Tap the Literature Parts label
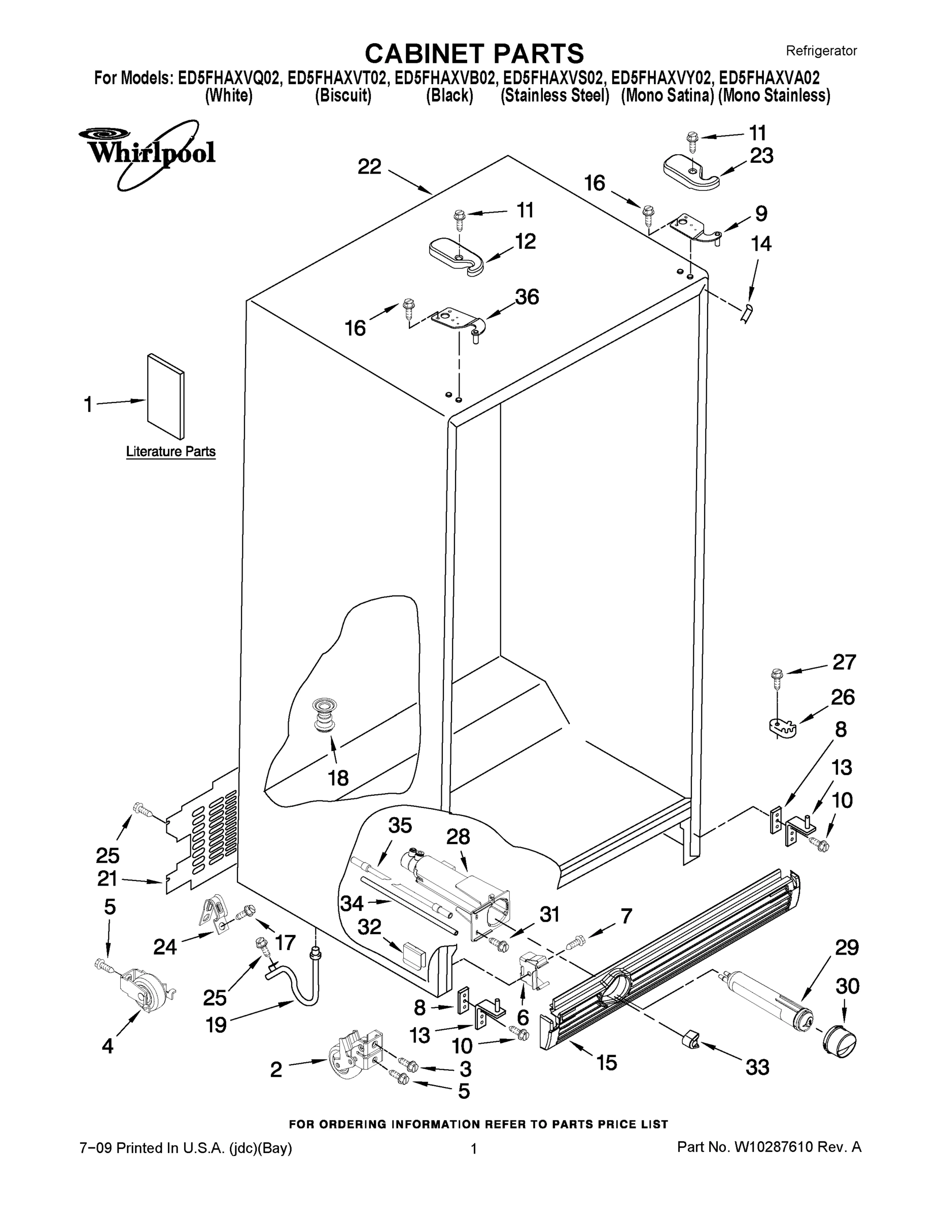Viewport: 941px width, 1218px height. coord(170,451)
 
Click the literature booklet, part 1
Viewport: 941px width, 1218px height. coord(165,396)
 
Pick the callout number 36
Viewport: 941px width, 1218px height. coord(526,297)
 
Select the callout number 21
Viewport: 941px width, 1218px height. coord(108,878)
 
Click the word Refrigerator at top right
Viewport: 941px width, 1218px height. coord(821,51)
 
